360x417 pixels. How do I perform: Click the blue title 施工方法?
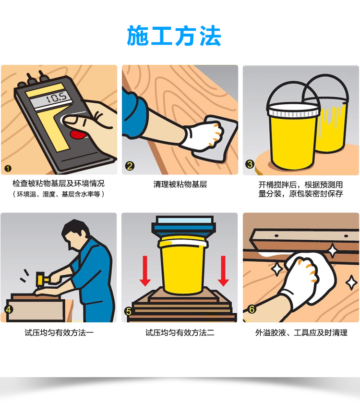(x=174, y=36)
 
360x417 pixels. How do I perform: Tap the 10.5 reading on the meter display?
(x=56, y=98)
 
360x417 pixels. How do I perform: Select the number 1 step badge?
(x=8, y=168)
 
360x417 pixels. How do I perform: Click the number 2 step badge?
(x=130, y=166)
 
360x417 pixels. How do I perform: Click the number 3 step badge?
(x=250, y=164)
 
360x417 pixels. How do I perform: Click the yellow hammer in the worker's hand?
(x=41, y=280)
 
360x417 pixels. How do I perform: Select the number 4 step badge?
(x=9, y=310)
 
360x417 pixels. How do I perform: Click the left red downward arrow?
(x=145, y=271)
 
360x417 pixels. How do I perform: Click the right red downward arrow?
(x=223, y=271)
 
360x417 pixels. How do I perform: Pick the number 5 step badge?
(x=129, y=311)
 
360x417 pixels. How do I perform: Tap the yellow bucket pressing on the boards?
(x=183, y=265)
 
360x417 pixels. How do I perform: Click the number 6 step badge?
(x=252, y=309)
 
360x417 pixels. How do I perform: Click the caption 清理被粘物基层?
(x=180, y=184)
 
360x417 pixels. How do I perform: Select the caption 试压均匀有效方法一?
(x=59, y=333)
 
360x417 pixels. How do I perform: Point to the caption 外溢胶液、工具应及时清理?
(x=301, y=333)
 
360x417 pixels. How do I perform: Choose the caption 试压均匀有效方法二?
(x=180, y=333)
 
